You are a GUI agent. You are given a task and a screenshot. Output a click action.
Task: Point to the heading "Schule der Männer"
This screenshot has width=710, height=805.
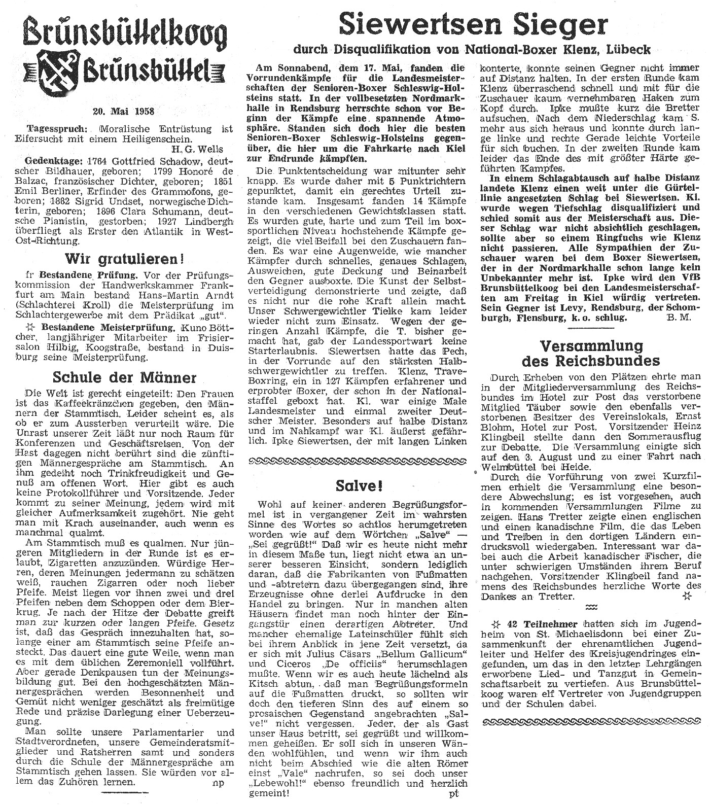[x=124, y=377]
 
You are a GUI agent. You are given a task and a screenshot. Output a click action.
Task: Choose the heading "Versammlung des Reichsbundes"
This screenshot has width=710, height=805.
[x=591, y=354]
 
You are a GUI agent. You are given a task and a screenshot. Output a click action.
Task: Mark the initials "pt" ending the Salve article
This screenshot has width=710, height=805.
[x=454, y=794]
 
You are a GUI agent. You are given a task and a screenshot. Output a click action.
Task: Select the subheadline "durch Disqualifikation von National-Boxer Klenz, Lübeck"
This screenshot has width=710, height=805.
[x=472, y=50]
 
